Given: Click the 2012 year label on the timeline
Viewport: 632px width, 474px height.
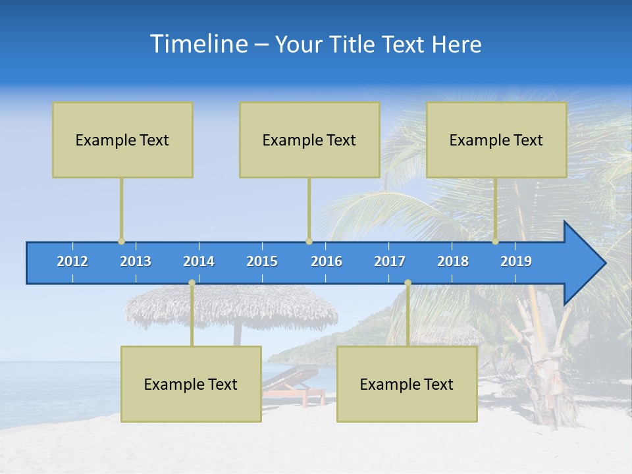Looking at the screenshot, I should click(x=72, y=261).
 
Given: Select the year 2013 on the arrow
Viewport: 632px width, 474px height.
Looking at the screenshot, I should click(x=136, y=261).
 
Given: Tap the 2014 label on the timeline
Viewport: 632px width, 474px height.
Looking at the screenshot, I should click(x=199, y=261).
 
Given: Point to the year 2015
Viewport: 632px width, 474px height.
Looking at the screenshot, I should click(x=262, y=261).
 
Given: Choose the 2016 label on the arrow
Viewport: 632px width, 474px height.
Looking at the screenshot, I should click(x=327, y=261).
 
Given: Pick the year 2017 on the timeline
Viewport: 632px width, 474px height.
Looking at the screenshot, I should click(x=390, y=261).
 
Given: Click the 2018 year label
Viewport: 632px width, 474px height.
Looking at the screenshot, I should click(x=453, y=261).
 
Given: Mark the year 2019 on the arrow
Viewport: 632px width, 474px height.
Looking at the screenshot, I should click(x=516, y=261).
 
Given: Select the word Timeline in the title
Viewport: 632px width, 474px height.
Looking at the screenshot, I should click(x=198, y=44).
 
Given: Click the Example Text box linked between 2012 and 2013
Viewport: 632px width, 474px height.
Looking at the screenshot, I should click(x=122, y=140).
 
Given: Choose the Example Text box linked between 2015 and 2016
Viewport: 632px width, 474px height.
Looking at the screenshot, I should click(x=309, y=140).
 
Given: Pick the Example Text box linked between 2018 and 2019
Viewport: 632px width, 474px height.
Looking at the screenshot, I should click(x=496, y=140).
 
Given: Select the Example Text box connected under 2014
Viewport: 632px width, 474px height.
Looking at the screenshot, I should click(x=191, y=384).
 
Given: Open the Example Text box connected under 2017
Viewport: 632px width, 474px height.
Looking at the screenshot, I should click(x=407, y=384).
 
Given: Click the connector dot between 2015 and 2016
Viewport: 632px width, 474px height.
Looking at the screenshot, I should click(x=309, y=242).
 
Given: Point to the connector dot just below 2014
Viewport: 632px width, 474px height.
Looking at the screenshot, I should click(x=192, y=282).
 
